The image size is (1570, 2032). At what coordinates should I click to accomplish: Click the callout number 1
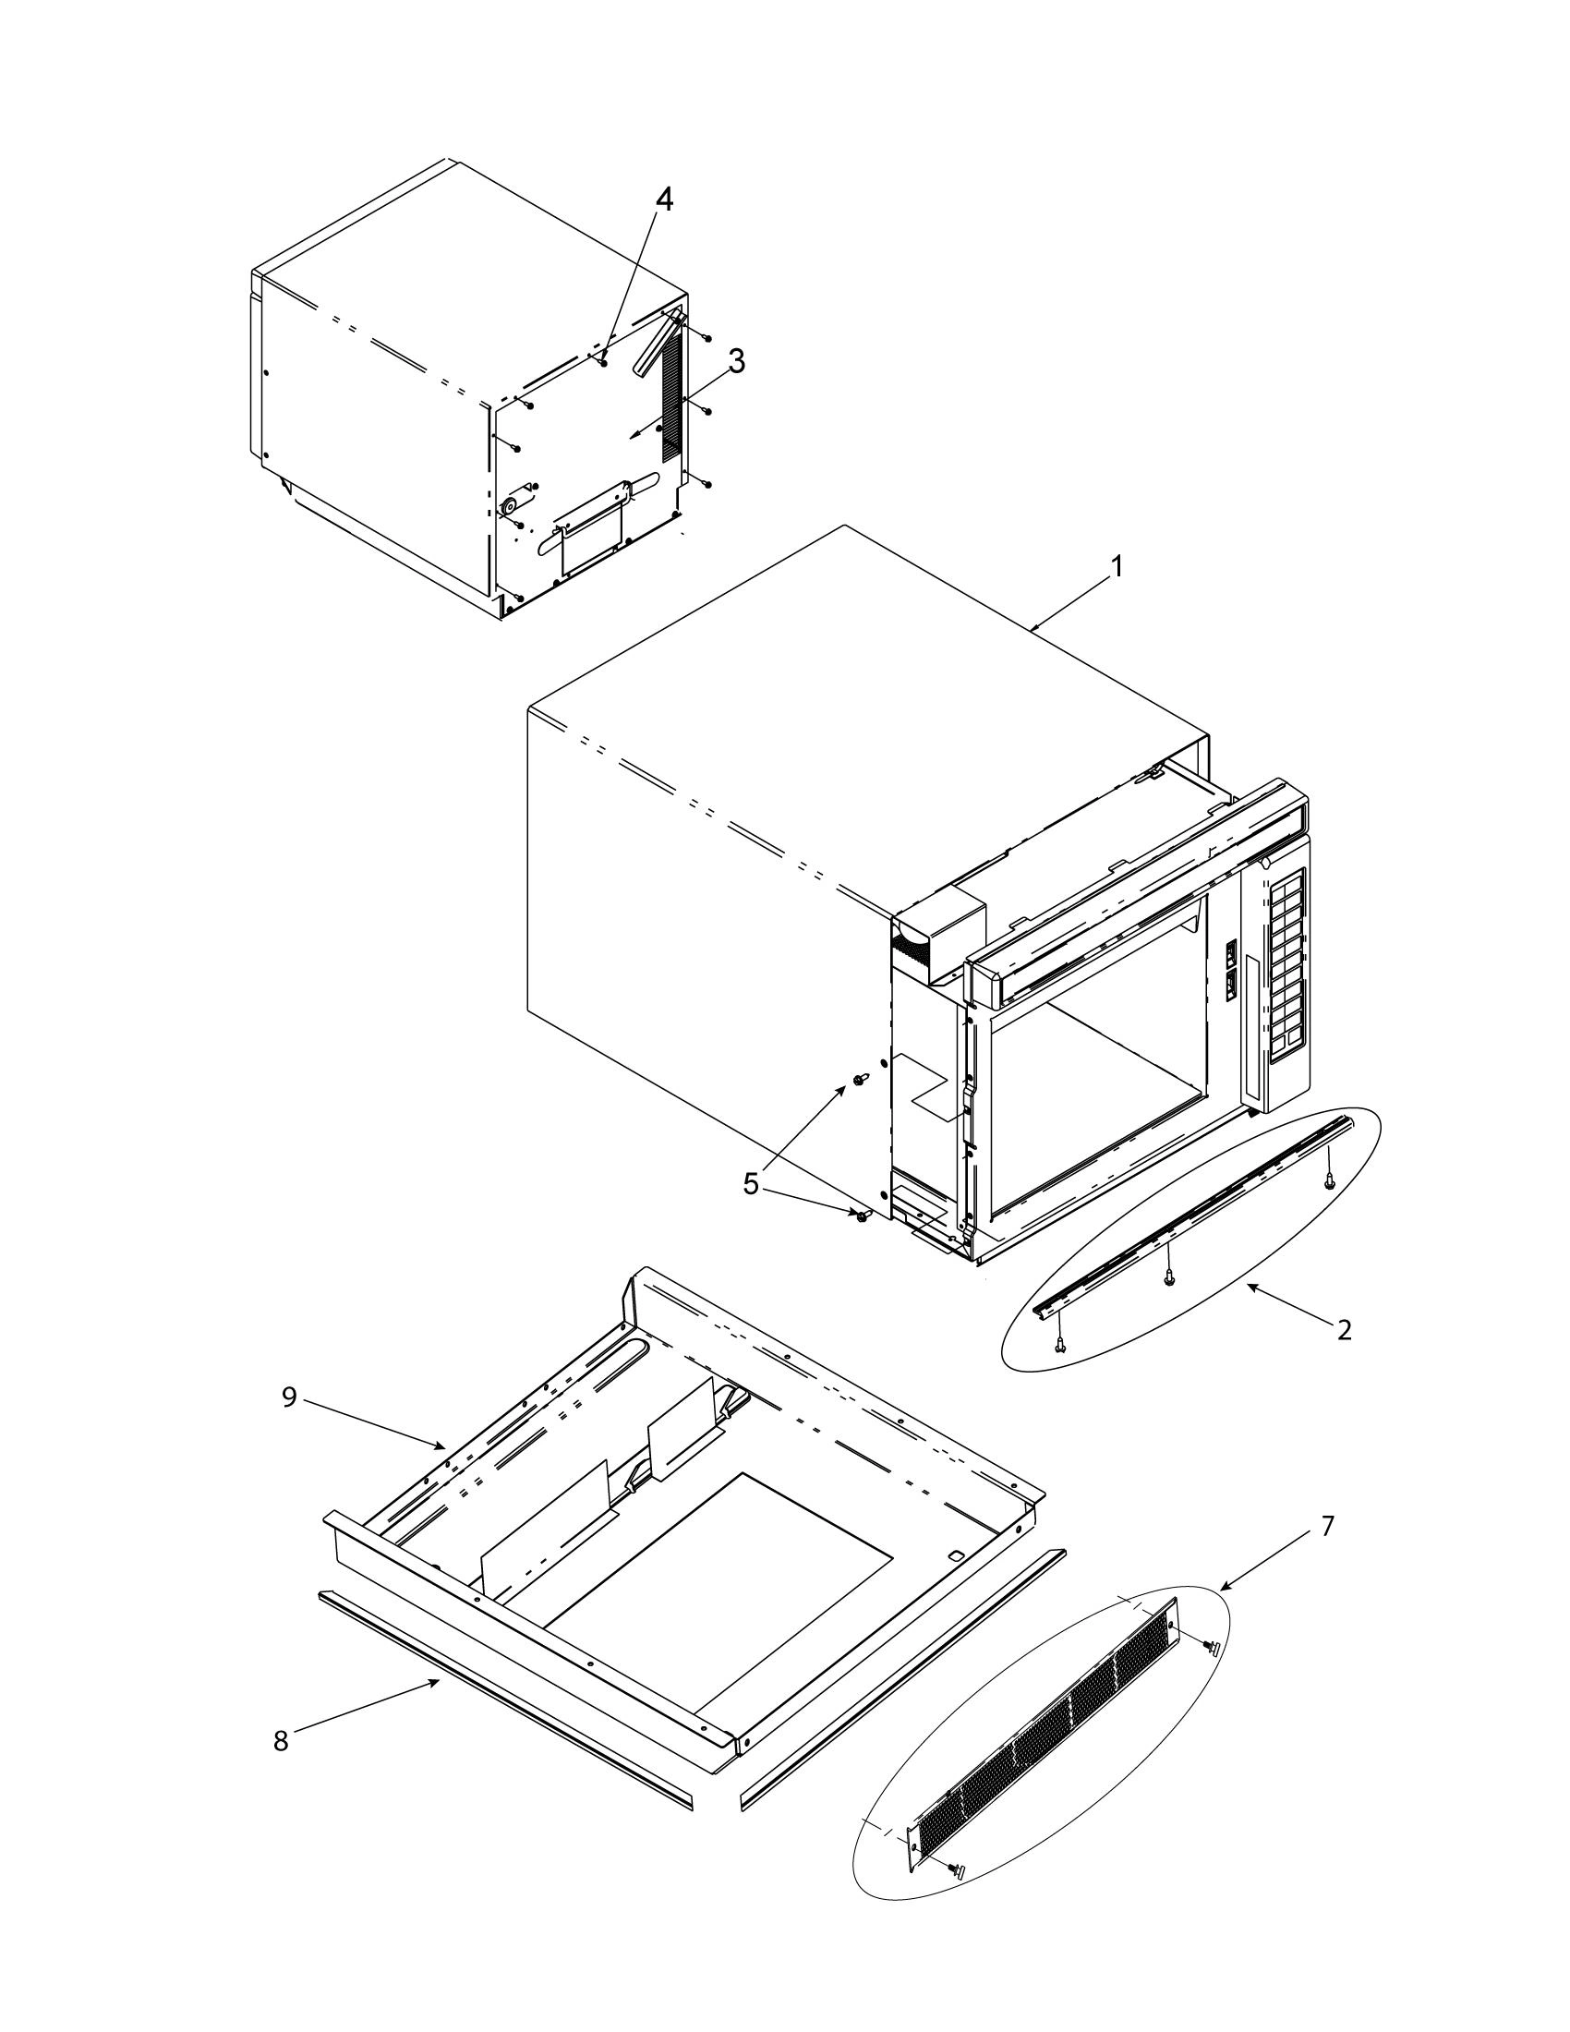[x=1117, y=565]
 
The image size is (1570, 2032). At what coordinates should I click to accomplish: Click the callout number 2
[x=1343, y=1329]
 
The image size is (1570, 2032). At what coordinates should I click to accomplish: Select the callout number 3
[x=736, y=362]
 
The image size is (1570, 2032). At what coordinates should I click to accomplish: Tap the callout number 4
[x=664, y=200]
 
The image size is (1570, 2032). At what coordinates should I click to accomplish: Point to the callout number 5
[x=752, y=1183]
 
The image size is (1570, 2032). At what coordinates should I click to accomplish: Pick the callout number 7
[x=1327, y=1526]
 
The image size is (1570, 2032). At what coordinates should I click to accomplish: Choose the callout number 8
[x=281, y=1741]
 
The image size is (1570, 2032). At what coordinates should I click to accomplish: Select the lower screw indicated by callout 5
[x=863, y=1215]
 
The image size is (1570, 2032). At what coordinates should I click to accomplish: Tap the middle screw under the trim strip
[x=1170, y=1278]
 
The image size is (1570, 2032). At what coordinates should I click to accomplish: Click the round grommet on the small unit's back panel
[x=509, y=505]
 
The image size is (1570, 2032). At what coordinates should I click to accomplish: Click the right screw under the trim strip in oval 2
[x=1331, y=1180]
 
